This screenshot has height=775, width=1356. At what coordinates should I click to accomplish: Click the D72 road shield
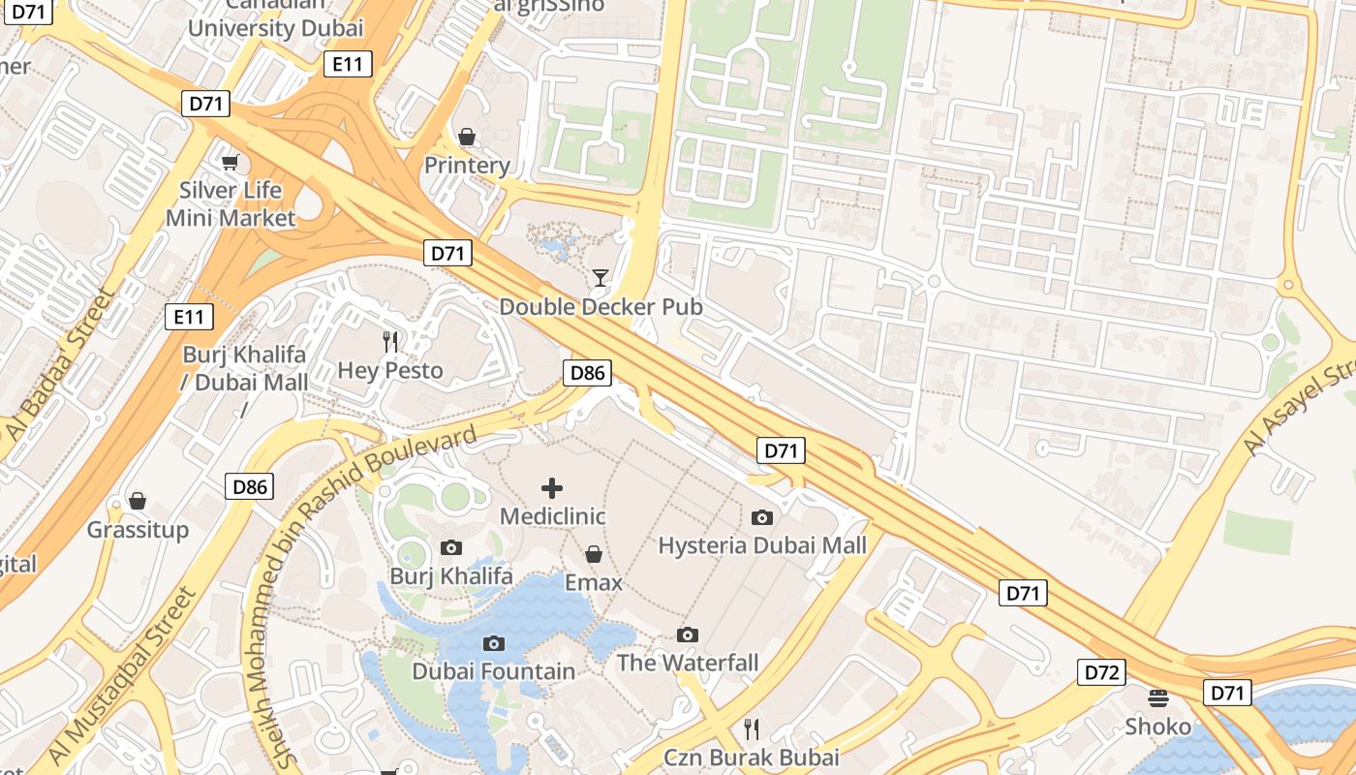[1102, 671]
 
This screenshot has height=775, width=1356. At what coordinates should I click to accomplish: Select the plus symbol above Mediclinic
[552, 488]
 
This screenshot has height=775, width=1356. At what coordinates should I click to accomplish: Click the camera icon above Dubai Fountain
[494, 643]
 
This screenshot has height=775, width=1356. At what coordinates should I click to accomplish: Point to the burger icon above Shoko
[1157, 697]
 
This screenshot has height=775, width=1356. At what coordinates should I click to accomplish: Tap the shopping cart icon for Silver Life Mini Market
[230, 162]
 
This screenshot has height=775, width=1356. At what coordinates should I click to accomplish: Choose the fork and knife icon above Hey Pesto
[390, 341]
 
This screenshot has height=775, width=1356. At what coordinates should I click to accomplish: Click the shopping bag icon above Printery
[467, 137]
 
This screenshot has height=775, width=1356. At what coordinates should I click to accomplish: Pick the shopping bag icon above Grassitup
[138, 501]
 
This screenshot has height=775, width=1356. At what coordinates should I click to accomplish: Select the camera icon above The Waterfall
[688, 635]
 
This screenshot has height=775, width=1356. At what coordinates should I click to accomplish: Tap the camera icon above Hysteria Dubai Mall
[762, 517]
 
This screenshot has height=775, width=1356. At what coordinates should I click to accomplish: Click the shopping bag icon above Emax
[593, 554]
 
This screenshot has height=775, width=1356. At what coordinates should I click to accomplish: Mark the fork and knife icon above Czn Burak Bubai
[751, 728]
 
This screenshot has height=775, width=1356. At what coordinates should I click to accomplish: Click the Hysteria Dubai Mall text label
[762, 545]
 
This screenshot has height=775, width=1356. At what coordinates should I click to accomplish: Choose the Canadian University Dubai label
[276, 19]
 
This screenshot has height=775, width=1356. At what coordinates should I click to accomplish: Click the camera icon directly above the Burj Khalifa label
[450, 548]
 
